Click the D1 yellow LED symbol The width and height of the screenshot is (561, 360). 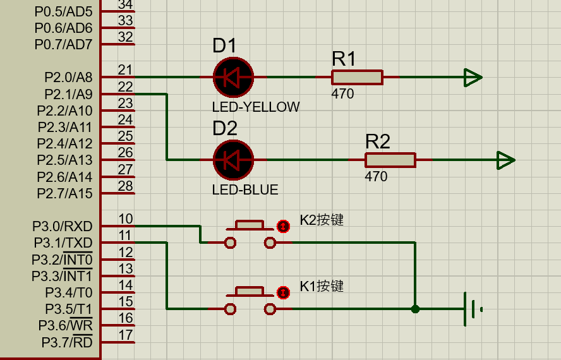click(233, 77)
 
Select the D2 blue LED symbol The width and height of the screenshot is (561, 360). click(233, 160)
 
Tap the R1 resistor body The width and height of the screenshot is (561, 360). click(357, 77)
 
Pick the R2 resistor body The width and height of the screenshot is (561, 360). click(390, 160)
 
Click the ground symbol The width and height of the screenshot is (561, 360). click(470, 309)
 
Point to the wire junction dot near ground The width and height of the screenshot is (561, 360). click(415, 309)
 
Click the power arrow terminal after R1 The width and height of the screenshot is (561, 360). click(473, 77)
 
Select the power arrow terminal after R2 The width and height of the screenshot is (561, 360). click(505, 160)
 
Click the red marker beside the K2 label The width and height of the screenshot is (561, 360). click(283, 225)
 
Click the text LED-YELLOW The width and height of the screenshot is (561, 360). click(256, 107)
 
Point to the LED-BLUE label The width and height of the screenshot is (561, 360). click(245, 189)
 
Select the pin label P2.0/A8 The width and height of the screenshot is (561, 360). click(68, 78)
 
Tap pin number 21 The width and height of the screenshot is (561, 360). click(125, 70)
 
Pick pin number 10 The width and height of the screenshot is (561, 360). click(125, 219)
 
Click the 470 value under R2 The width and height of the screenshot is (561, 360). click(376, 177)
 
